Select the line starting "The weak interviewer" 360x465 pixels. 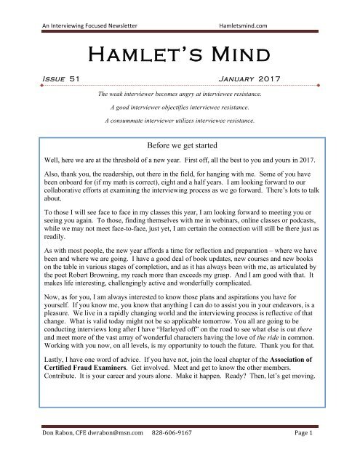180,94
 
